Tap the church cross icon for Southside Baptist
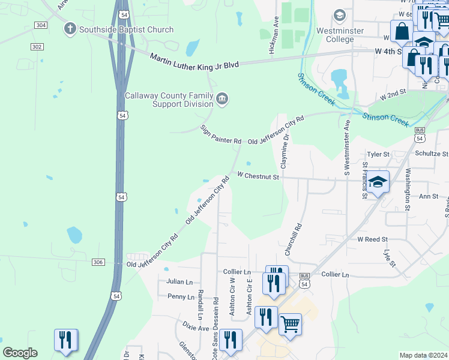pyautogui.click(x=70, y=28)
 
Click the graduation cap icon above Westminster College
pyautogui.click(x=339, y=14)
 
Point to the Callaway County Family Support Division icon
pyautogui.click(x=223, y=99)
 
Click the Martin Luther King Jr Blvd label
pyautogui.click(x=194, y=61)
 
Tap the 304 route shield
pyautogui.click(x=40, y=25)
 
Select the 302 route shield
pyautogui.click(x=38, y=46)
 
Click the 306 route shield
pyautogui.click(x=99, y=262)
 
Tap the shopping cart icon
pyautogui.click(x=290, y=324)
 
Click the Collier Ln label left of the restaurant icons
pyautogui.click(x=237, y=272)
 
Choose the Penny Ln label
pyautogui.click(x=181, y=296)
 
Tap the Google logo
pyautogui.click(x=20, y=353)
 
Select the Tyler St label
pyautogui.click(x=378, y=154)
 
